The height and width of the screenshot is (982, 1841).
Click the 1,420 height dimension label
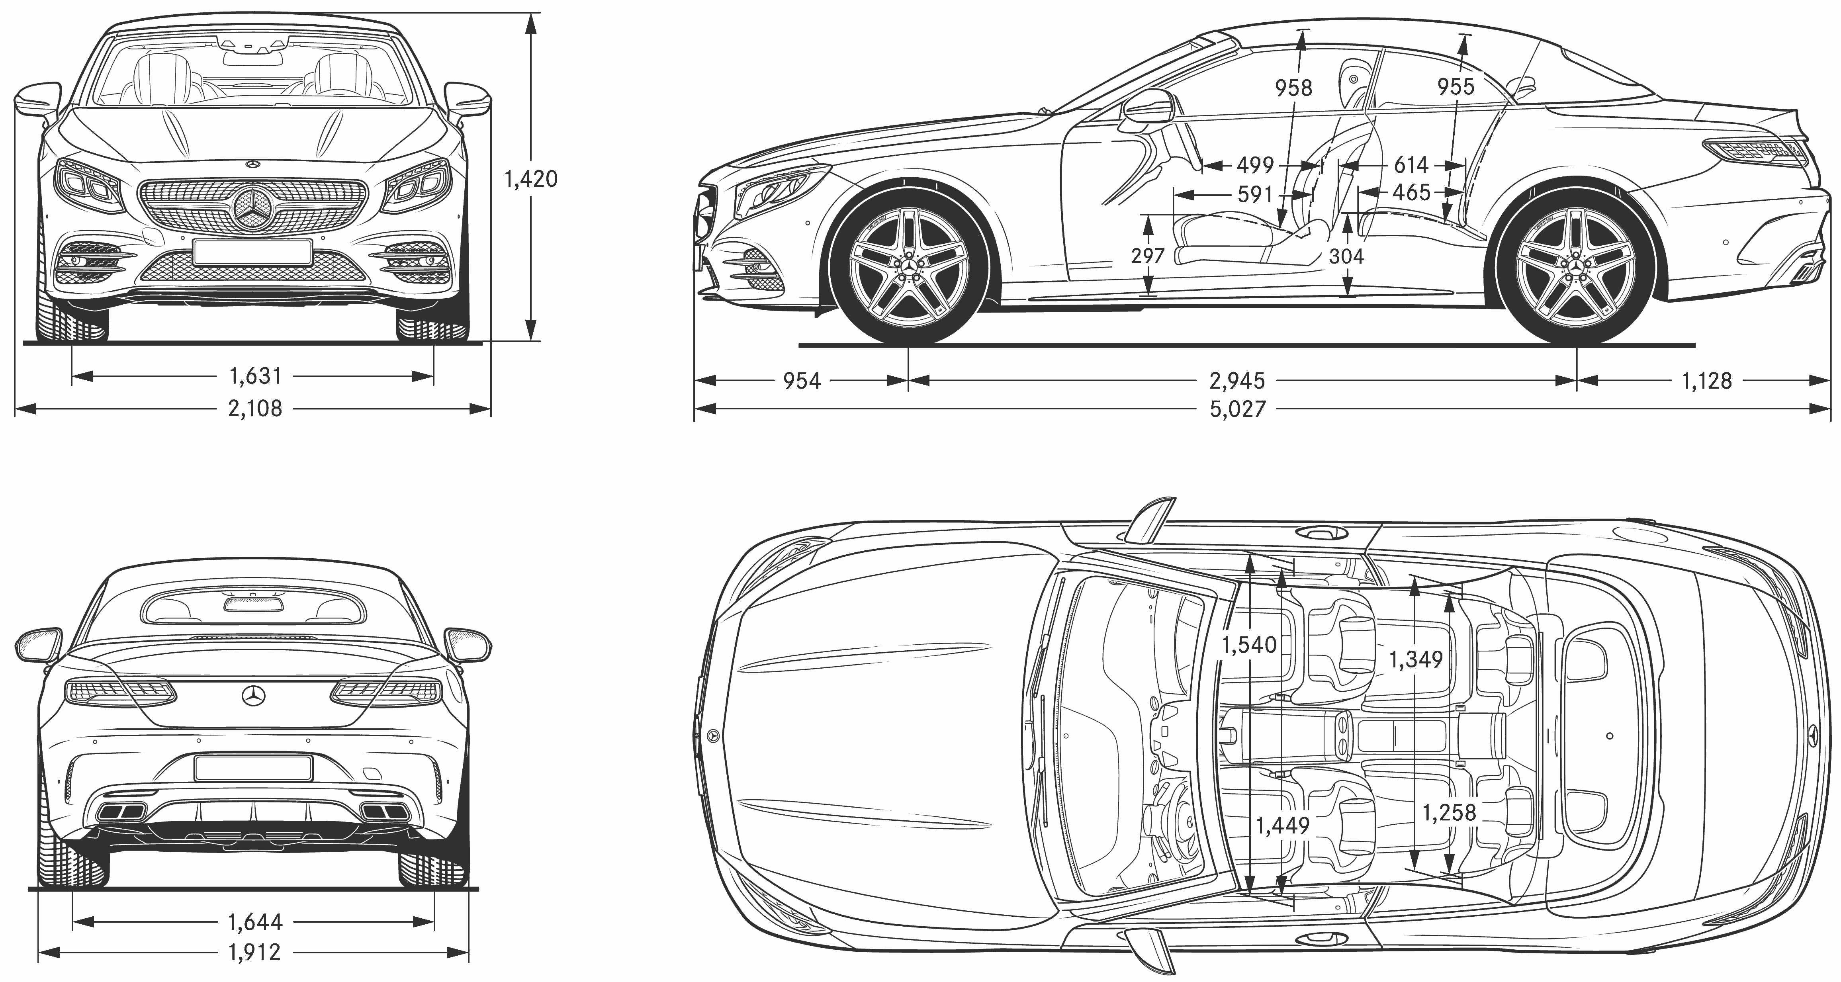(x=530, y=179)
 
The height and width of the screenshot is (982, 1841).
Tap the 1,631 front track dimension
(x=255, y=375)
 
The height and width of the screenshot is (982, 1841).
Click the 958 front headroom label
(x=1293, y=88)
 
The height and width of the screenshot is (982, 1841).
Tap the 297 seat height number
(x=1148, y=255)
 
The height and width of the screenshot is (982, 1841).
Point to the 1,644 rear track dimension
(x=255, y=922)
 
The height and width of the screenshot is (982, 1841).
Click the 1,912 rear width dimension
(x=255, y=952)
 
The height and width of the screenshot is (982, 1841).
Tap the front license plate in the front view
(x=252, y=252)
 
